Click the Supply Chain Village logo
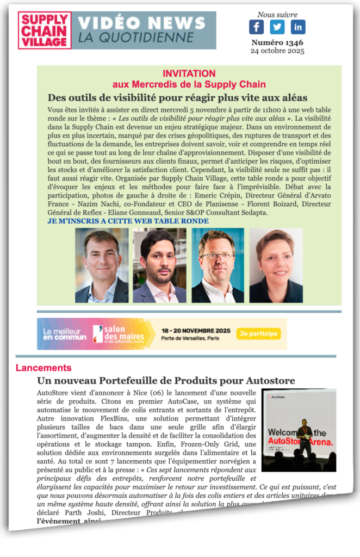coord(45,30)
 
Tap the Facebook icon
coord(256,27)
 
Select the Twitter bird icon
coord(277,27)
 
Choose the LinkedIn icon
coord(298,27)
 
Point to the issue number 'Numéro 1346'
coord(277,42)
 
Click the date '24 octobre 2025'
coord(277,51)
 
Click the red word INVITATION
coord(189,73)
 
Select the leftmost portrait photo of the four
coord(102,265)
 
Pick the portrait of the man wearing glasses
coord(218,265)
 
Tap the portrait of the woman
coord(276,265)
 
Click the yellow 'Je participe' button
coord(259,333)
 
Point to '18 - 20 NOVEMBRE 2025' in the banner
coord(196,330)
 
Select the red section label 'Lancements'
coord(44,368)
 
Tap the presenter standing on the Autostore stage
coord(304,438)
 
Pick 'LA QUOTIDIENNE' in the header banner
coord(135,38)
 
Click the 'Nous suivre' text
coord(277,15)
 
